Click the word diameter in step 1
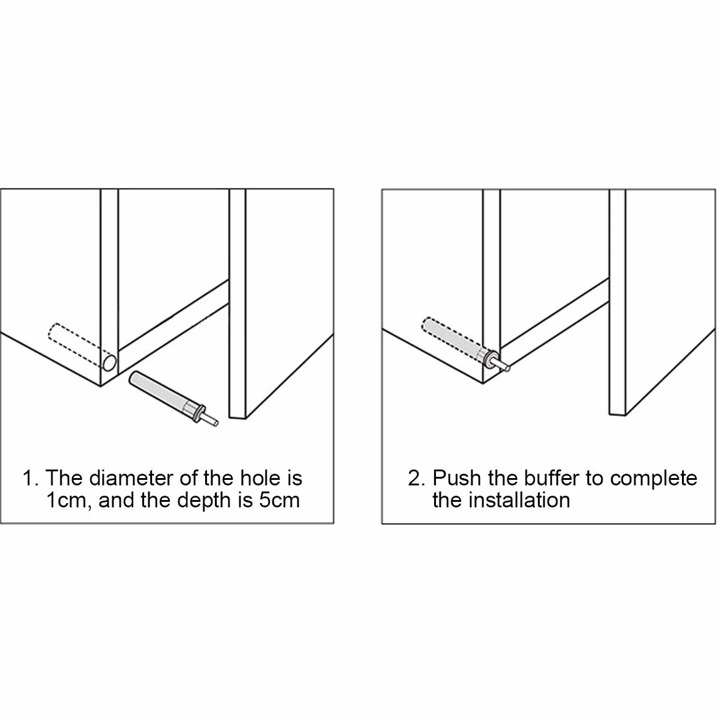130,478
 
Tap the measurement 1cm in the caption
65,501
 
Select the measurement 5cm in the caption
280,501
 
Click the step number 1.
30,479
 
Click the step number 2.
416,479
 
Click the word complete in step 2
653,479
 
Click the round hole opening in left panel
109,362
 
